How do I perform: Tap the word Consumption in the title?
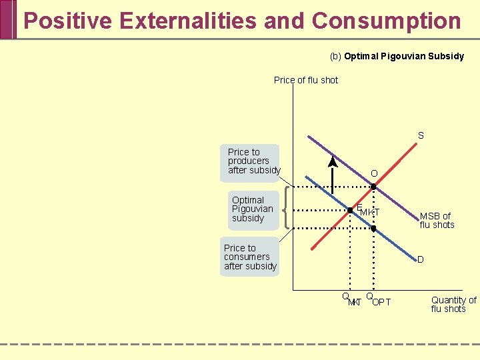(x=386, y=21)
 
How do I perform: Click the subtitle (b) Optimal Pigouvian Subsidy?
(x=397, y=56)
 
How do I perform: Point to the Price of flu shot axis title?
(x=306, y=80)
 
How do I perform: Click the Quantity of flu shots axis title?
(x=453, y=304)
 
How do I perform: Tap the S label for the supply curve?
(x=421, y=135)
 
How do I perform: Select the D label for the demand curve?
(x=421, y=259)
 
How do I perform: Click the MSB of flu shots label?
(x=437, y=220)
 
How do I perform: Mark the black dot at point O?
(x=373, y=187)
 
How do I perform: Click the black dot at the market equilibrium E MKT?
(x=350, y=210)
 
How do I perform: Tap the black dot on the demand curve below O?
(x=373, y=229)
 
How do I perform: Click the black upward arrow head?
(x=332, y=162)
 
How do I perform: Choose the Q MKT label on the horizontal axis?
(x=351, y=300)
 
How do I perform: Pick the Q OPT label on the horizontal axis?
(x=378, y=300)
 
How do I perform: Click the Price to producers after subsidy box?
(x=253, y=161)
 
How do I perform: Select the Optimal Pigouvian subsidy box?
(x=252, y=209)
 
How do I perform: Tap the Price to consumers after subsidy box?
(x=250, y=257)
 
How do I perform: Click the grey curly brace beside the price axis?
(x=287, y=209)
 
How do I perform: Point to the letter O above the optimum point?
(x=374, y=173)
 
